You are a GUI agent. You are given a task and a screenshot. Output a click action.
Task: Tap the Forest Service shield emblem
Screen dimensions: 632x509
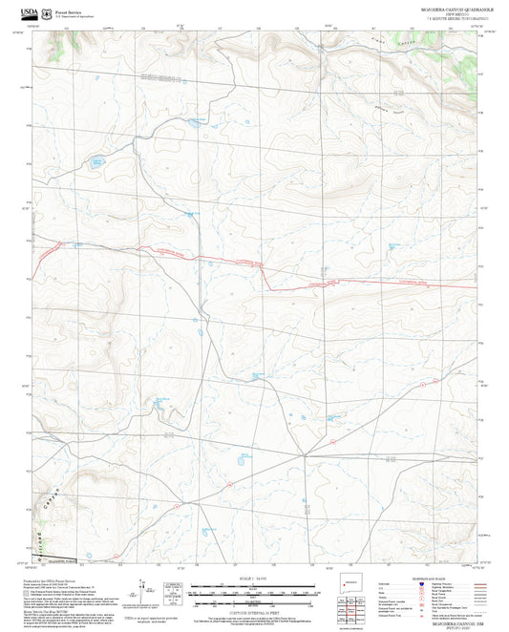tap(48, 12)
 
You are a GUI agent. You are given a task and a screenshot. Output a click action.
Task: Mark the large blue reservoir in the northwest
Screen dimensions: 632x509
tap(96, 162)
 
